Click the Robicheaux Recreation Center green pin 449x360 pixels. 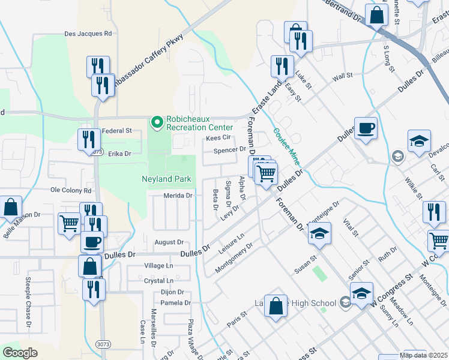(157, 123)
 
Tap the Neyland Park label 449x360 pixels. (166, 179)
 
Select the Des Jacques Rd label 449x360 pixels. (88, 34)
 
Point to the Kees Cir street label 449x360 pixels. (218, 138)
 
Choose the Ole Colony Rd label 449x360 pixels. (71, 190)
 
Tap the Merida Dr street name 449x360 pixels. (178, 196)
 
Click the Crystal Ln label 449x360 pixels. (158, 280)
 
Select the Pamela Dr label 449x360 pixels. (175, 302)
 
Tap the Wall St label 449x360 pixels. (342, 77)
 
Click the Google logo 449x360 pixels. (20, 352)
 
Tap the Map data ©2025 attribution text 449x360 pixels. (424, 355)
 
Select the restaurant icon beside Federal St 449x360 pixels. (89, 139)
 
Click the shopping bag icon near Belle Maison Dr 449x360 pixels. (10, 207)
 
